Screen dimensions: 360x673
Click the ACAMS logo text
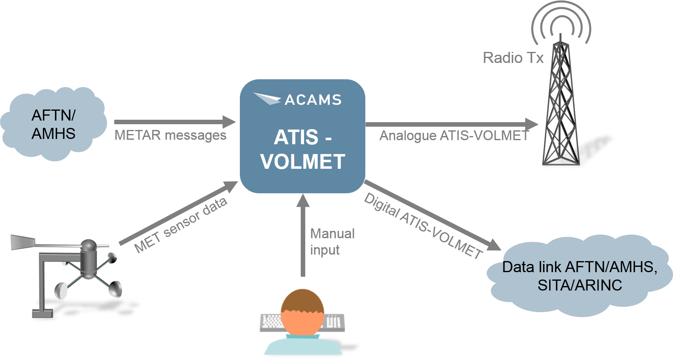pyautogui.click(x=313, y=100)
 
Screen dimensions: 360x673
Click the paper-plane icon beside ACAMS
pyautogui.click(x=266, y=98)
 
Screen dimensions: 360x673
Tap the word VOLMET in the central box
pyautogui.click(x=303, y=162)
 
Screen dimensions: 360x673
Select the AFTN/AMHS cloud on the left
pyautogui.click(x=53, y=124)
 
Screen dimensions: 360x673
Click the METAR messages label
pyautogui.click(x=170, y=135)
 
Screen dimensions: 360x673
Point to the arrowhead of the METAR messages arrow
pyautogui.click(x=229, y=122)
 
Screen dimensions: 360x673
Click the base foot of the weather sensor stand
pyautogui.click(x=42, y=313)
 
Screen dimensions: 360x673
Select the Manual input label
pyautogui.click(x=332, y=241)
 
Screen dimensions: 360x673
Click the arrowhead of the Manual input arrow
pyautogui.click(x=303, y=201)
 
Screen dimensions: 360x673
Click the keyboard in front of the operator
pyautogui.click(x=271, y=322)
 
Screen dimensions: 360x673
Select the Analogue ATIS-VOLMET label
pyautogui.click(x=454, y=136)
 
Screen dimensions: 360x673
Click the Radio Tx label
pyautogui.click(x=513, y=58)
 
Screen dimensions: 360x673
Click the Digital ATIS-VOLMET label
pyautogui.click(x=423, y=226)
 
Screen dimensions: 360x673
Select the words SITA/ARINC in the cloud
pyautogui.click(x=579, y=285)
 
